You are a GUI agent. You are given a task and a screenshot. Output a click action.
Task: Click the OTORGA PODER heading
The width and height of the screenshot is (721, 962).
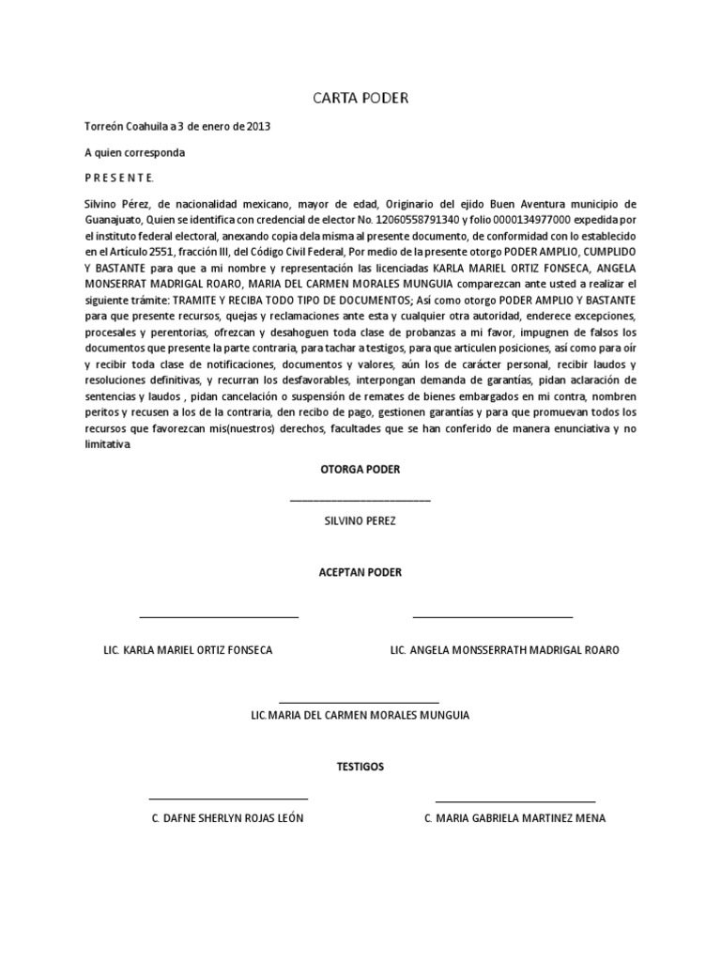click(360, 469)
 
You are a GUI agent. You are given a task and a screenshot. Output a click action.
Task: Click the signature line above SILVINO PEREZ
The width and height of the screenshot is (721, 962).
click(360, 501)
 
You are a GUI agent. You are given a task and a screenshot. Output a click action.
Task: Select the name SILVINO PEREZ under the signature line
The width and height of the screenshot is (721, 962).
click(360, 520)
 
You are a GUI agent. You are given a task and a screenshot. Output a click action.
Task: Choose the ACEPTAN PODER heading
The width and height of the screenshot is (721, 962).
click(360, 572)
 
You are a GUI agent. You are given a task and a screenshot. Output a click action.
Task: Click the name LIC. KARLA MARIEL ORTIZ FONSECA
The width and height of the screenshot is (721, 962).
click(188, 650)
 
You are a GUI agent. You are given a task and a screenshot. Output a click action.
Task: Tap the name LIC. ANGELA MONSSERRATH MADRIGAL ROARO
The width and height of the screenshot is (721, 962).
click(504, 650)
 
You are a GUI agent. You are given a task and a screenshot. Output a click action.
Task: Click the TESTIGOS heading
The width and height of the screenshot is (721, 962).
click(360, 767)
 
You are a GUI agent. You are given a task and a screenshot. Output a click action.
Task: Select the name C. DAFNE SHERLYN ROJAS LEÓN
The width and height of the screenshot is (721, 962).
click(228, 818)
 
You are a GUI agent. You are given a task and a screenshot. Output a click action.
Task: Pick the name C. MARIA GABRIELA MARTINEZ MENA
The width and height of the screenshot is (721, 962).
click(514, 818)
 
